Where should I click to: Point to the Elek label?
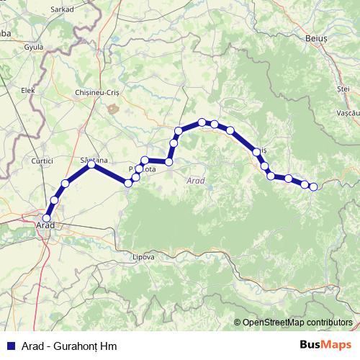(28, 91)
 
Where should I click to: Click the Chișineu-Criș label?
(97, 94)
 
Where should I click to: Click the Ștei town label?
(343, 89)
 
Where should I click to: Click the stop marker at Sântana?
(92, 166)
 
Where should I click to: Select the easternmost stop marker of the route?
(313, 187)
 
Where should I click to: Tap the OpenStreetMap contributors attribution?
(297, 323)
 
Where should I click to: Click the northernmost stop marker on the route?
(202, 122)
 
